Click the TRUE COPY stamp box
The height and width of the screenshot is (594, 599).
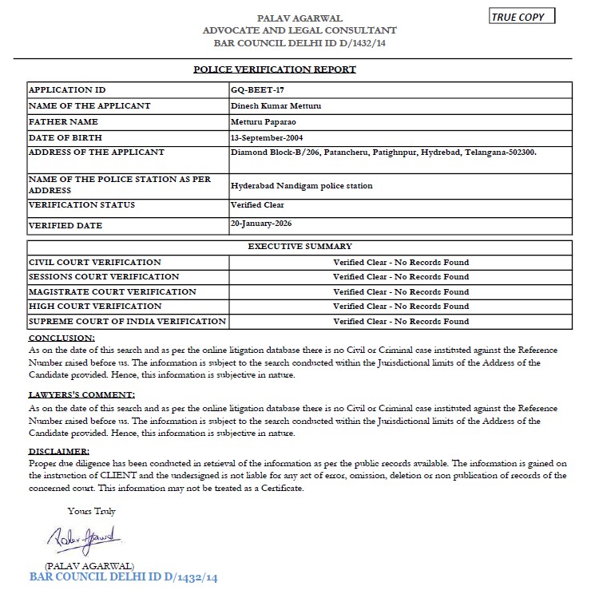(520, 16)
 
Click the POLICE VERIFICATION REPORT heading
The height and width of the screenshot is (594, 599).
(275, 69)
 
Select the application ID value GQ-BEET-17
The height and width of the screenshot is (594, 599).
(252, 90)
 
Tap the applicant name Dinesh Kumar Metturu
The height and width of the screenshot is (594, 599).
(270, 106)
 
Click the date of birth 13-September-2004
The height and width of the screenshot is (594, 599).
(268, 137)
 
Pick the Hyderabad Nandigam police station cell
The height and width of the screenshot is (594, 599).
(301, 186)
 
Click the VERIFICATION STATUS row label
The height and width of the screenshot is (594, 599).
(81, 205)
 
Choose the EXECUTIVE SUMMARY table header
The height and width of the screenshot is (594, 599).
(299, 247)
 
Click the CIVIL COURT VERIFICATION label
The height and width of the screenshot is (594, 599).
(94, 262)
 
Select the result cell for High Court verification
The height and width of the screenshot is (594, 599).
(400, 307)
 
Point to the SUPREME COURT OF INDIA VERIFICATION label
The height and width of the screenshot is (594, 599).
(127, 322)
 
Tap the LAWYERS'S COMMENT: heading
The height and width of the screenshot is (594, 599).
(81, 394)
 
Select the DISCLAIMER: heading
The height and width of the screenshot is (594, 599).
(58, 452)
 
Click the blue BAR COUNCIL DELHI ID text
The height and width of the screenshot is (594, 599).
(124, 576)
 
